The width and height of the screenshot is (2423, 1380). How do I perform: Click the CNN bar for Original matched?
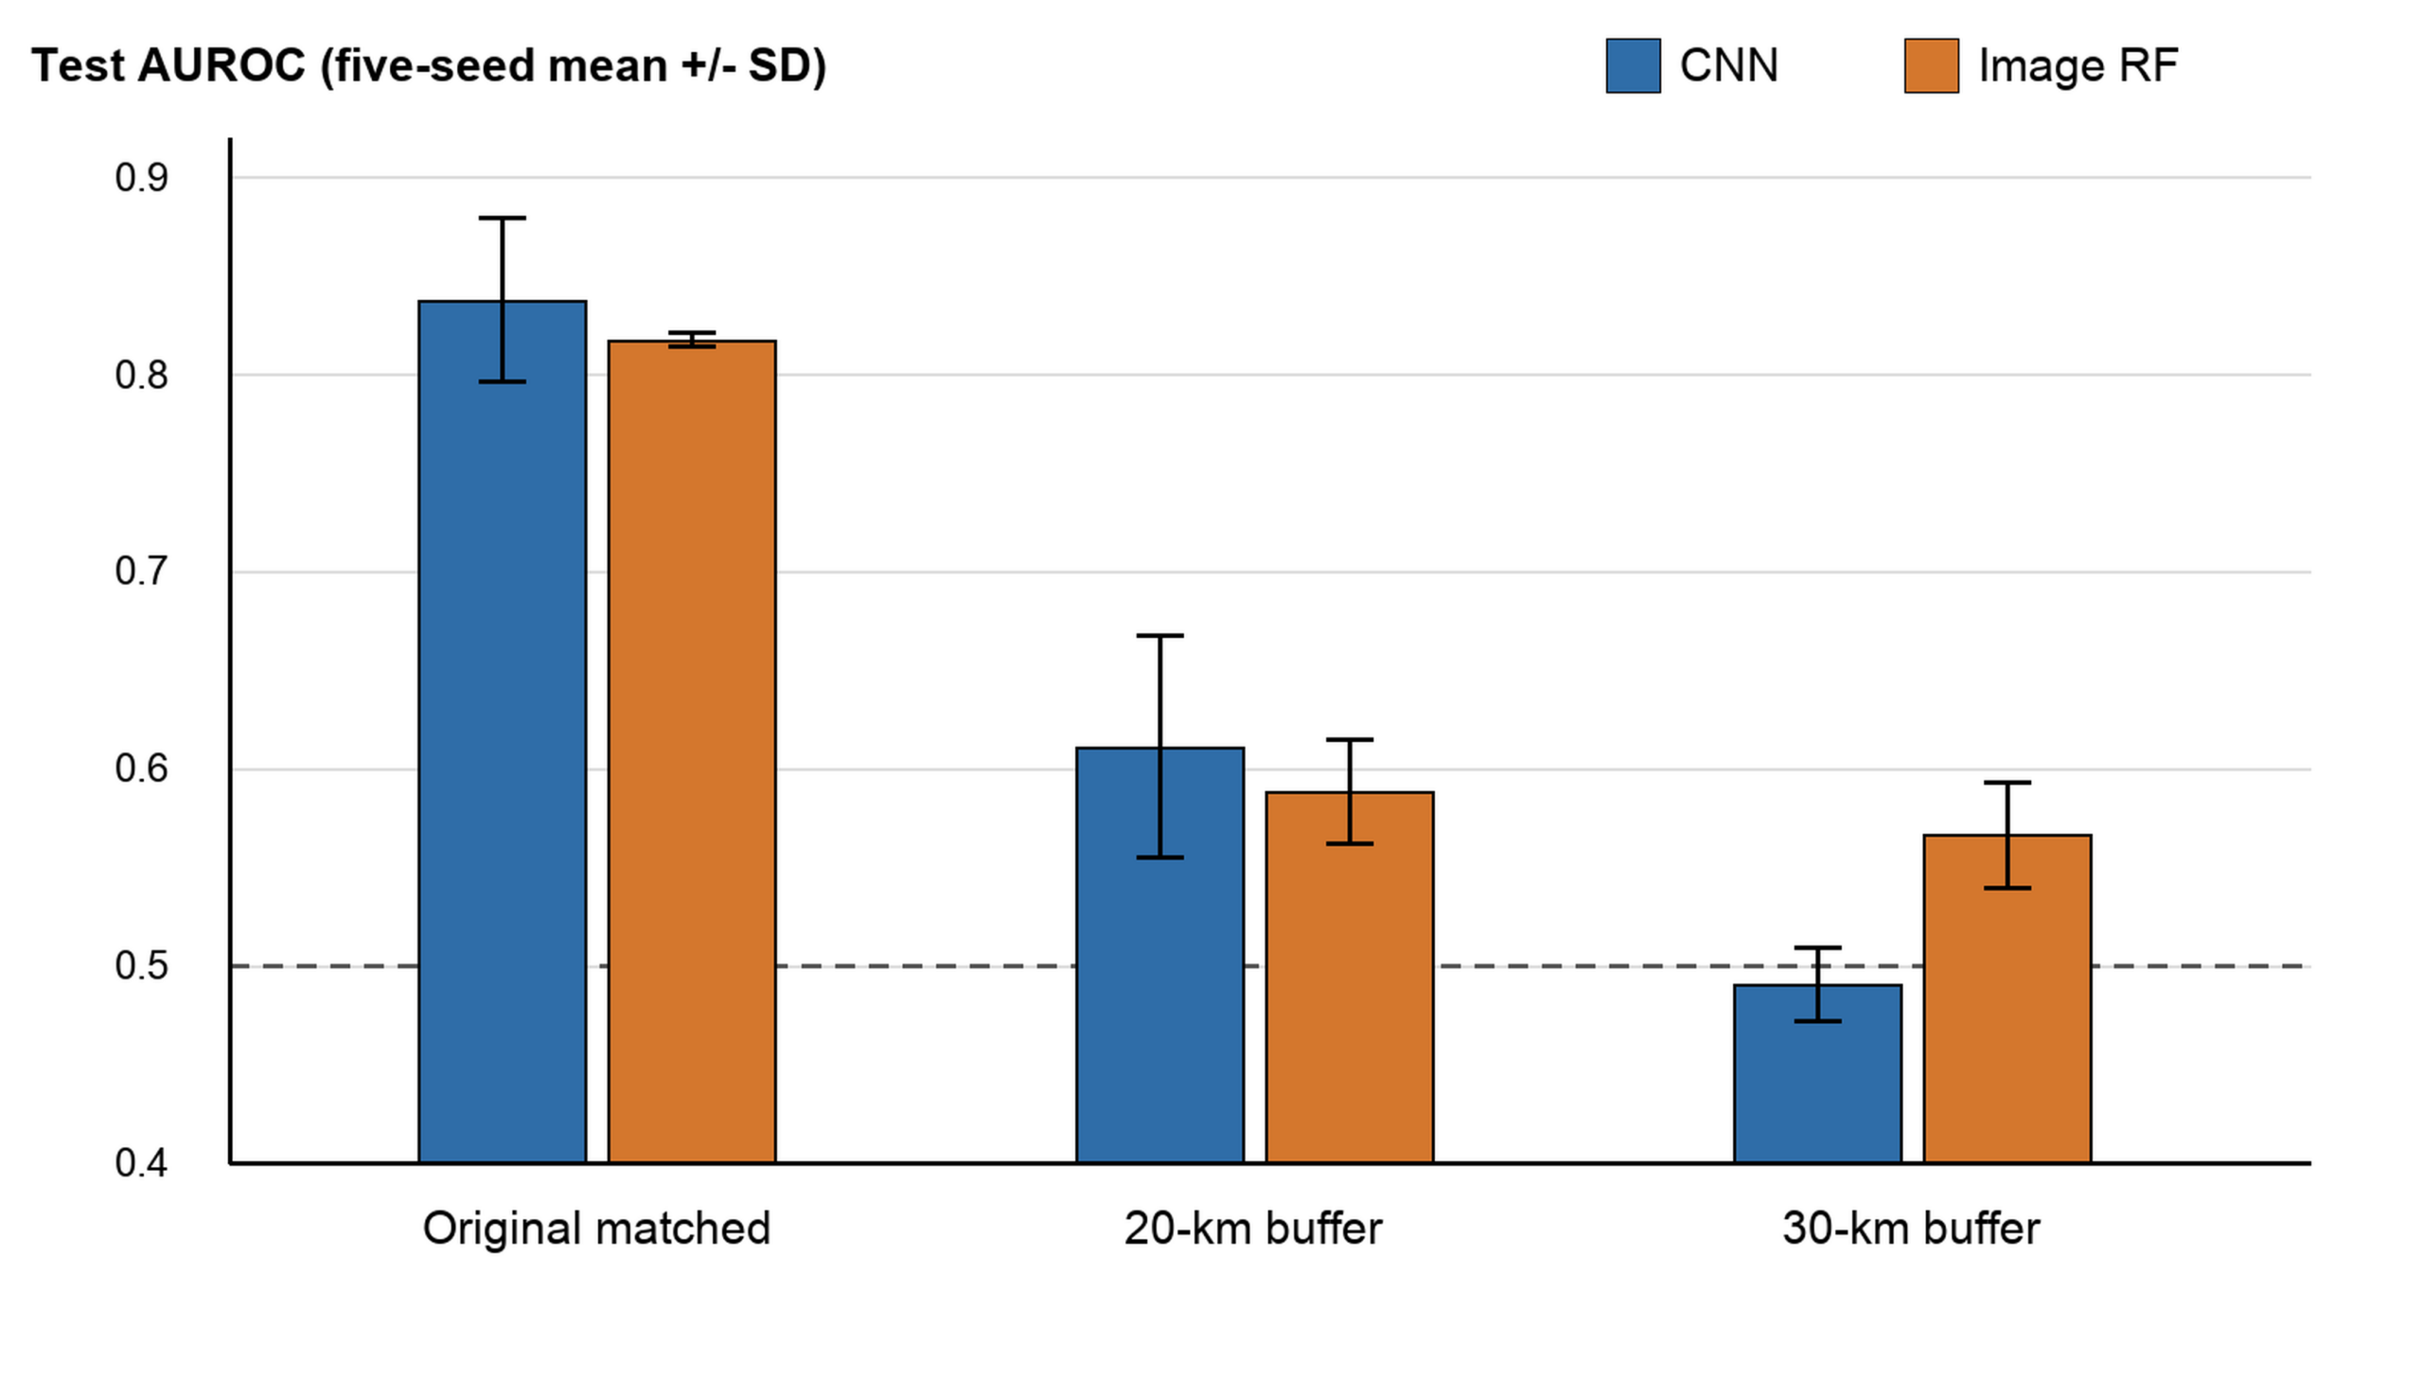[x=503, y=732]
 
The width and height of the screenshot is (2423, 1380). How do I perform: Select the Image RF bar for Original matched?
[x=692, y=752]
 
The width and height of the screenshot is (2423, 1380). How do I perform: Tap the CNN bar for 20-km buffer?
[x=1159, y=955]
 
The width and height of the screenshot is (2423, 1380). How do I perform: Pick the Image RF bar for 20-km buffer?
[x=1350, y=977]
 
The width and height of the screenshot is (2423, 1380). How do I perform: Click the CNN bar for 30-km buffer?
[x=1817, y=1074]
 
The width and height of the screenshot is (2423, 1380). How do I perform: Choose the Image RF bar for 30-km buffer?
[x=2007, y=999]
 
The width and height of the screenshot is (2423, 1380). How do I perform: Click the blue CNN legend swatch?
[x=1633, y=65]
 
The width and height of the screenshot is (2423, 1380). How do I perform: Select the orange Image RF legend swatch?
[x=1931, y=65]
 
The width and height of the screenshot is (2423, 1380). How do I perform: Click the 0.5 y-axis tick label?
[x=141, y=965]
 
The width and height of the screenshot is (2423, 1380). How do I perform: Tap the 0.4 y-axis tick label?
[x=141, y=1163]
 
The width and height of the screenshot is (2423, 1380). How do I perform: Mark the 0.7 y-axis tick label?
[x=141, y=572]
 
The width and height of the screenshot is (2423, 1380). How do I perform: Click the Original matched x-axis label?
[x=597, y=1230]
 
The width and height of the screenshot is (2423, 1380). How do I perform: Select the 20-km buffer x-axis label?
[x=1253, y=1230]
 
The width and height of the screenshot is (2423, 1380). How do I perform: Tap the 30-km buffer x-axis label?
[x=1910, y=1230]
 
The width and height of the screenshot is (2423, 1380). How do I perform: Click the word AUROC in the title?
[x=221, y=65]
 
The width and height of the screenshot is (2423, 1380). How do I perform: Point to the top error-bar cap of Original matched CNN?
[x=503, y=218]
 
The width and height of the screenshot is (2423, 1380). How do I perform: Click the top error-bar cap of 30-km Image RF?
[x=2007, y=783]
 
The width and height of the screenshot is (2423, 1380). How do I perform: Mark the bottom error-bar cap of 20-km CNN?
[x=1159, y=858]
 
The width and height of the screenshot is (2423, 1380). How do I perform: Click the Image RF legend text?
[x=2078, y=65]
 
